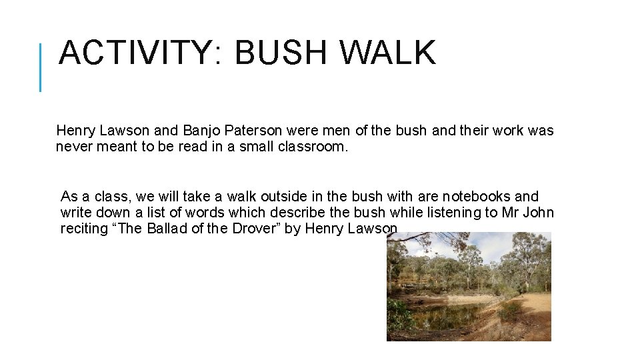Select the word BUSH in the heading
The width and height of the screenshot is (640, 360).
tap(285, 53)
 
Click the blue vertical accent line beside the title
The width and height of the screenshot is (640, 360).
tap(41, 67)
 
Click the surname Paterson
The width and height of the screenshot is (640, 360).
tap(251, 131)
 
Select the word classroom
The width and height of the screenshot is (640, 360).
tap(313, 147)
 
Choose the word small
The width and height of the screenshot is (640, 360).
tap(255, 147)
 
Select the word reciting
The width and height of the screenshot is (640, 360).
tap(84, 229)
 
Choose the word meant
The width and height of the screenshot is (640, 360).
tap(117, 147)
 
